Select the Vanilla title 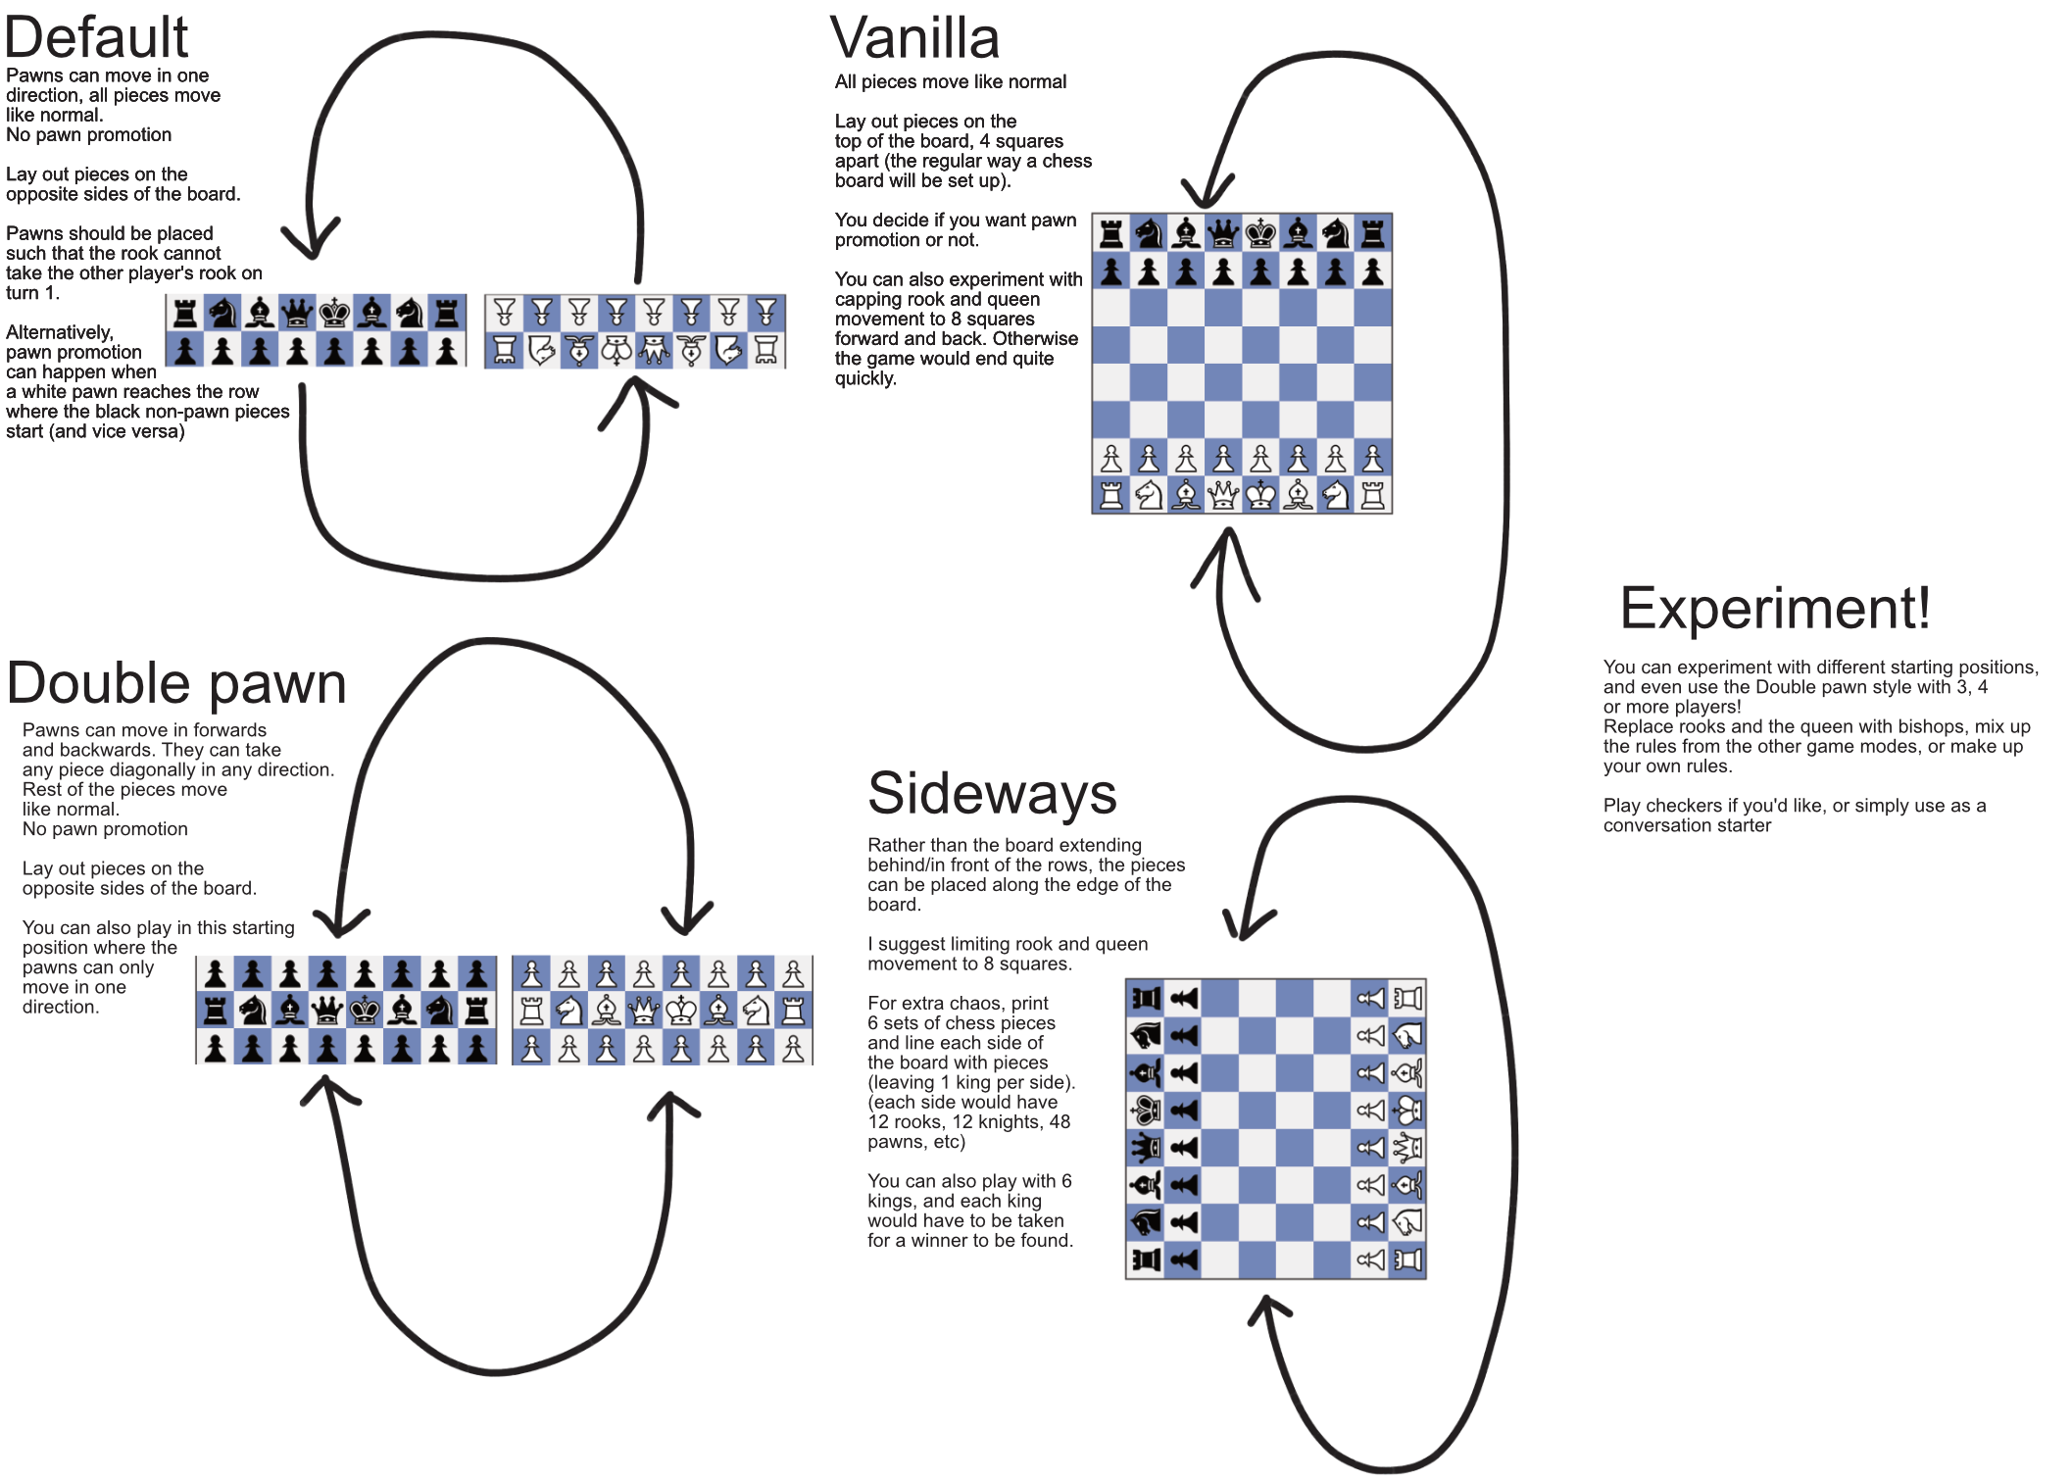tap(914, 38)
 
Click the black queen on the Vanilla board tap(1223, 233)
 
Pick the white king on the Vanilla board tap(1260, 495)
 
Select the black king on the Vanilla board tap(1260, 233)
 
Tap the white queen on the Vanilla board tap(1223, 495)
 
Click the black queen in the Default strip tap(297, 314)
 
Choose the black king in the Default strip tap(334, 314)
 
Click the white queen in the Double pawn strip tap(644, 1010)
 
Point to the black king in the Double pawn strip tap(365, 1010)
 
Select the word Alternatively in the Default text tap(60, 332)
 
